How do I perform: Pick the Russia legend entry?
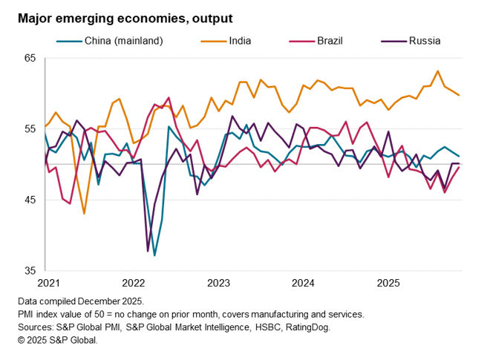tap(425, 41)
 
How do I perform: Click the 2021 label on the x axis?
tap(48, 283)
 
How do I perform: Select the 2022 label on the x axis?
tap(134, 283)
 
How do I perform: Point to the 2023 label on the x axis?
tap(218, 283)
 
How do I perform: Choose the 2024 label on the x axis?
tap(304, 283)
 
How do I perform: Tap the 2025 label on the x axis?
tap(389, 283)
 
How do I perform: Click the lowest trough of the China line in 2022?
tap(154, 255)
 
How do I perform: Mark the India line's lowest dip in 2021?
tap(84, 214)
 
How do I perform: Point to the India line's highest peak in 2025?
tap(437, 71)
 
